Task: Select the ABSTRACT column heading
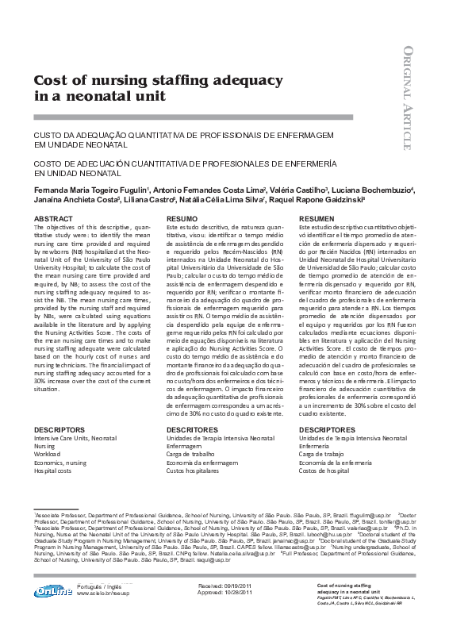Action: (53, 218)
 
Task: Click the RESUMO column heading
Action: (182, 218)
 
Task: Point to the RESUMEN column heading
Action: (317, 218)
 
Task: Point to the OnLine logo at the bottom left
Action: (52, 590)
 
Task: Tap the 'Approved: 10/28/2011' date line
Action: (224, 593)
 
